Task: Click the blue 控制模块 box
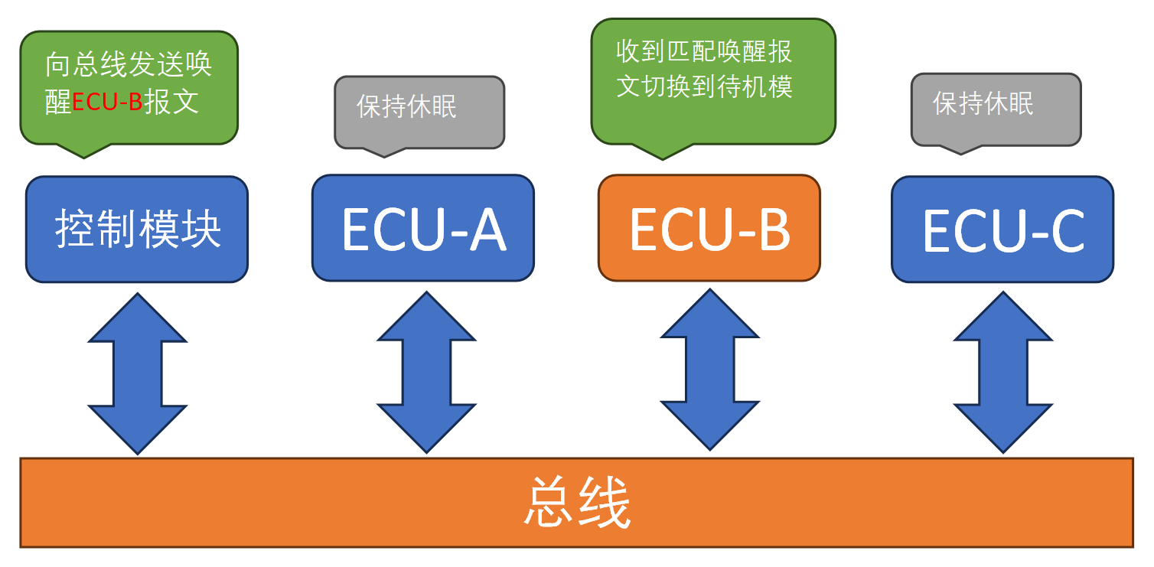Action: [x=137, y=229]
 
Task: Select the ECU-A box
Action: [x=422, y=228]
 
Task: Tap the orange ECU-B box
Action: [x=709, y=228]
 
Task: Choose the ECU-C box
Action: [x=1002, y=229]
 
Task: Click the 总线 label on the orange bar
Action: [x=578, y=503]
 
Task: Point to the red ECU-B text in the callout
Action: [x=107, y=103]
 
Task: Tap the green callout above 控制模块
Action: [x=129, y=86]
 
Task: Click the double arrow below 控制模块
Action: [x=138, y=373]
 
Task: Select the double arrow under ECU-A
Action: [x=426, y=373]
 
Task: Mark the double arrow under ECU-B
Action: [x=709, y=370]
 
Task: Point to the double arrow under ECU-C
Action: [x=1003, y=373]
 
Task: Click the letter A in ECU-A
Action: [x=487, y=229]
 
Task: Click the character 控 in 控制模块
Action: [x=72, y=228]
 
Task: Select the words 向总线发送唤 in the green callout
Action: [x=129, y=65]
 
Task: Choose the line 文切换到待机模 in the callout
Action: [x=704, y=86]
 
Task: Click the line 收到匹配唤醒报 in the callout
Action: [x=704, y=51]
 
